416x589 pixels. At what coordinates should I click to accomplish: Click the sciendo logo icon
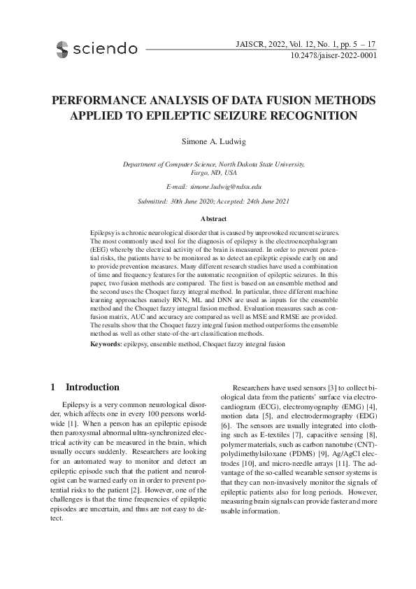[62, 49]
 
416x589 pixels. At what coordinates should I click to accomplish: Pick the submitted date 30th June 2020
[192, 202]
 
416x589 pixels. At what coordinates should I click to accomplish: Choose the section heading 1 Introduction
[85, 388]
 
